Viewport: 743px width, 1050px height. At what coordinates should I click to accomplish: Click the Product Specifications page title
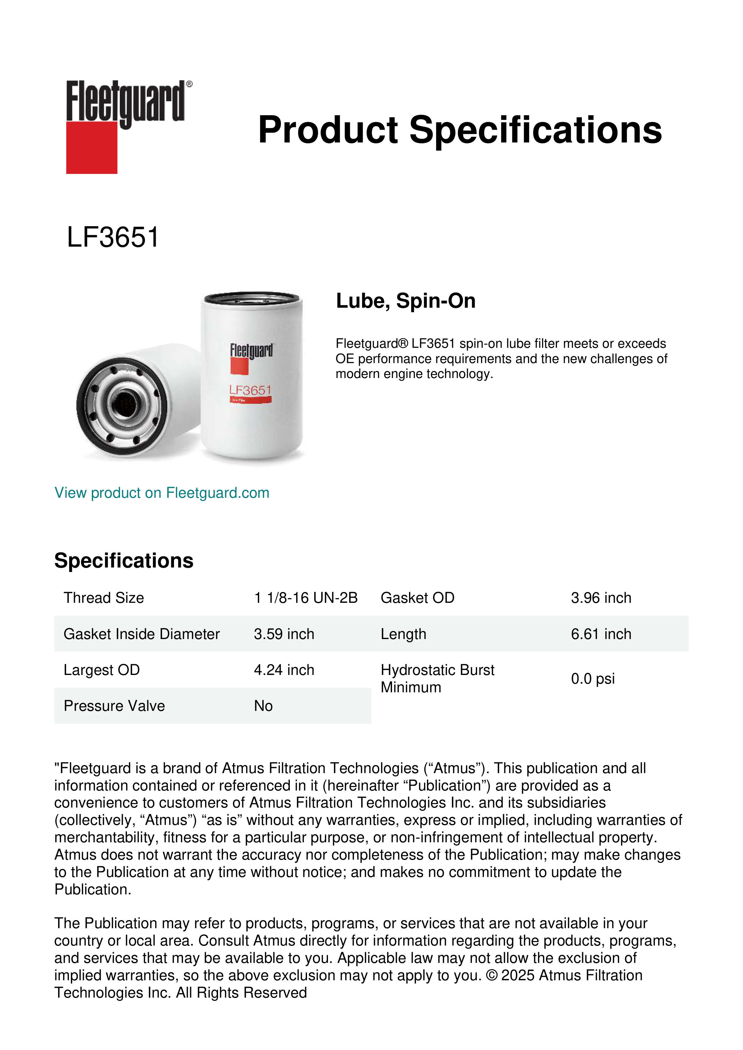click(460, 130)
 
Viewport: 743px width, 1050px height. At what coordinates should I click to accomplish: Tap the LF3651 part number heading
click(113, 237)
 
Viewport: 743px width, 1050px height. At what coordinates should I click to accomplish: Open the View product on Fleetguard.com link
click(161, 493)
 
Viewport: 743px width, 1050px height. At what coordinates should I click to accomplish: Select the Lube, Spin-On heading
click(406, 301)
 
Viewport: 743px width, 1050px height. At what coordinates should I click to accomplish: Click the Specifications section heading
click(123, 561)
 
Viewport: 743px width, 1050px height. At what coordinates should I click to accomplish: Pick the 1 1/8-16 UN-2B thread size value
click(306, 598)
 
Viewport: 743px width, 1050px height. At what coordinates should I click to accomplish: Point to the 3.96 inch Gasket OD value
click(601, 598)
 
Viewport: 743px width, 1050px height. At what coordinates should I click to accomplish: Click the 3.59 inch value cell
click(284, 634)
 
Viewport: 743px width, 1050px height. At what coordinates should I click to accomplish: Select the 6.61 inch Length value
click(601, 634)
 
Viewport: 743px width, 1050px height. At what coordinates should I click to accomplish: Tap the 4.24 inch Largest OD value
click(284, 670)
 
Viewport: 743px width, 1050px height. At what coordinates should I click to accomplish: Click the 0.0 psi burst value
click(592, 679)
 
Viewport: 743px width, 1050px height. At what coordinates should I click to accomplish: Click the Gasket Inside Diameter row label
click(141, 634)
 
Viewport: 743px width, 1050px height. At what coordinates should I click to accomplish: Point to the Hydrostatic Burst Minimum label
click(437, 679)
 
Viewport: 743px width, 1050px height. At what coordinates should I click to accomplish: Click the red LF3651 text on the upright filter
click(250, 390)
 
